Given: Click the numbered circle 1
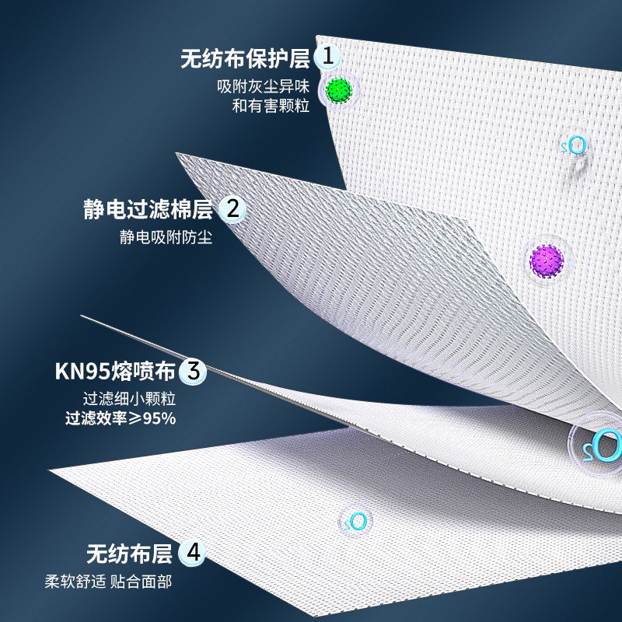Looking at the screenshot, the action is pos(330,56).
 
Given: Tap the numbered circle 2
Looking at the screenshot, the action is pos(232,208).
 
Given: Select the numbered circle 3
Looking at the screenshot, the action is pos(194,370).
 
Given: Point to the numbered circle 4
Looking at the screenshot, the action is pos(193,554).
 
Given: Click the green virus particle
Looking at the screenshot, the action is pos(338,90).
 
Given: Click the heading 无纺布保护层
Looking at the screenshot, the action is pos(245,58).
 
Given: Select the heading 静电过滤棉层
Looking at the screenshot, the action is pos(148,209).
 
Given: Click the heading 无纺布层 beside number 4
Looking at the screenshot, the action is pos(129,554).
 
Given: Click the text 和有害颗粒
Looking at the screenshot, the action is pos(271,106).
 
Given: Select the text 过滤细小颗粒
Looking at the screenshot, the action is pos(130,400).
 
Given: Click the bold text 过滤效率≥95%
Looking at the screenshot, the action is pos(121,418).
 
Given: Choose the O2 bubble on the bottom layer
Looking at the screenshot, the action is pos(355,521).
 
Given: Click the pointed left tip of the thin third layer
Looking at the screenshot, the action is pos(82,316).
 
